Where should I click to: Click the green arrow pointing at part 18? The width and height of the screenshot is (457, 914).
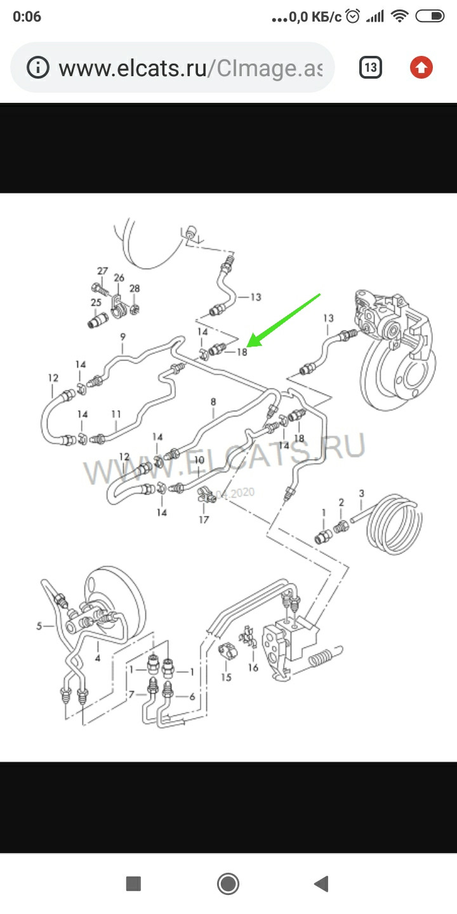click(286, 321)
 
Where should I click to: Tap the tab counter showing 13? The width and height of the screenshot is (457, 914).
click(371, 67)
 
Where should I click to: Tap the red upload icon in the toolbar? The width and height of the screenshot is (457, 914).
click(421, 67)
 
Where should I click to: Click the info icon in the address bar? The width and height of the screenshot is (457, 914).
click(39, 67)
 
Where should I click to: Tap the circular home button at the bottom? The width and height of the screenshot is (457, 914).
click(228, 883)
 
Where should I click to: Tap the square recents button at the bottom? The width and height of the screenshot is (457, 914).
click(133, 883)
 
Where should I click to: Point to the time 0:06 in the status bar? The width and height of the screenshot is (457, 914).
click(27, 17)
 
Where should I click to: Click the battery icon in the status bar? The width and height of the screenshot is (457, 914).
click(433, 17)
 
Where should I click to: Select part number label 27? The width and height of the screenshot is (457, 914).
click(103, 272)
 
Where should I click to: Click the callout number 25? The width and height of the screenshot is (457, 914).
click(96, 302)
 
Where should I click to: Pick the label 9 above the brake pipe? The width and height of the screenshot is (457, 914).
click(123, 336)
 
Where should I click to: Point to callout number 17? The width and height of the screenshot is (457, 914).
click(204, 519)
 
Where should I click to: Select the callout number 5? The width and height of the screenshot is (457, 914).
click(39, 626)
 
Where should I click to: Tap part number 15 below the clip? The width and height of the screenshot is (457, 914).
click(227, 677)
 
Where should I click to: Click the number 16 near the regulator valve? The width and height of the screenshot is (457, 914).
click(253, 667)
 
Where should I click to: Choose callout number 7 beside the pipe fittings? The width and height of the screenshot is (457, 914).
click(131, 694)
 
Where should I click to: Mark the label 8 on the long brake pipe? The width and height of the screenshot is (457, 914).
click(213, 401)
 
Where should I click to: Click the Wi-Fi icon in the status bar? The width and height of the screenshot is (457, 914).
click(399, 17)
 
